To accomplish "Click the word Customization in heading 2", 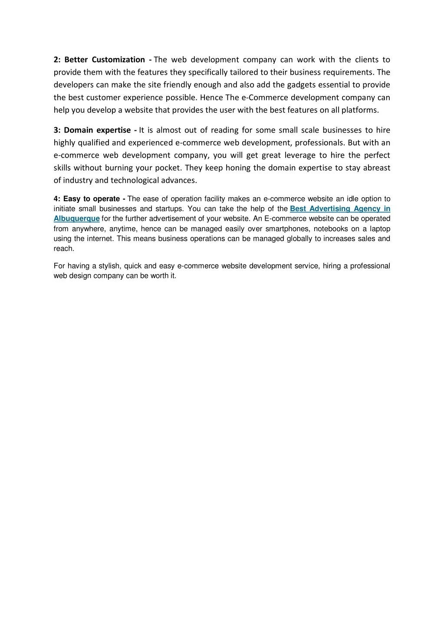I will click(x=118, y=60).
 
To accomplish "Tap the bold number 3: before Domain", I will click(x=57, y=130).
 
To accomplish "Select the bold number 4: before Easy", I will click(x=57, y=199).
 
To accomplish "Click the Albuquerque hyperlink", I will click(x=77, y=218).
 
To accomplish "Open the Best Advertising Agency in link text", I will click(x=340, y=209).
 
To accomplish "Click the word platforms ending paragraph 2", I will click(x=360, y=110).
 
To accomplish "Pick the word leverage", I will click(x=299, y=155).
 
